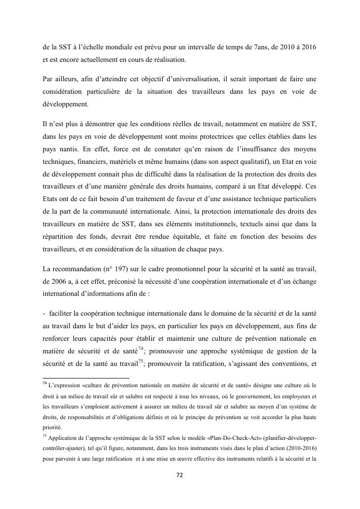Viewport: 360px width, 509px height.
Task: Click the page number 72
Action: pyautogui.click(x=179, y=475)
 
